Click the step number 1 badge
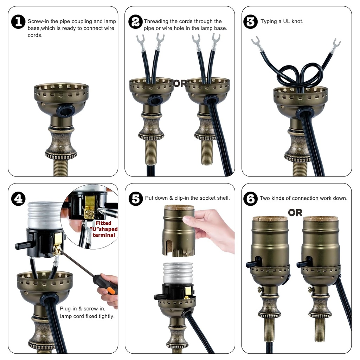click(18, 22)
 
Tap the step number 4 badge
click(18, 199)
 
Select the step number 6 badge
click(250, 199)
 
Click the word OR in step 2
click(179, 84)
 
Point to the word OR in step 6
click(295, 213)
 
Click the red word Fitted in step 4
click(103, 223)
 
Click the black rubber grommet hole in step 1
click(66, 111)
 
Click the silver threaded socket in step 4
click(45, 215)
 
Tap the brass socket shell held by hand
click(179, 230)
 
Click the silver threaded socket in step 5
click(178, 273)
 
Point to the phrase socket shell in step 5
click(214, 198)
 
